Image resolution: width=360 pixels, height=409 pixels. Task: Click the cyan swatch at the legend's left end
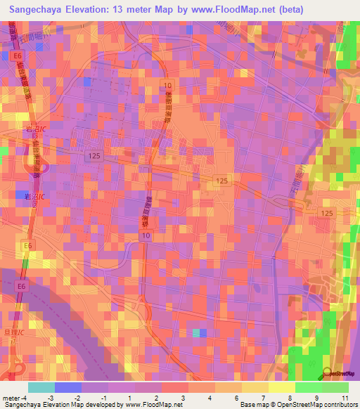tap(41, 387)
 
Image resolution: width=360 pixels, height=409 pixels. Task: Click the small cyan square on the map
tap(196, 332)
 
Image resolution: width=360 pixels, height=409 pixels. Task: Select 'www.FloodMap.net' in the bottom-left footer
tap(146, 405)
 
